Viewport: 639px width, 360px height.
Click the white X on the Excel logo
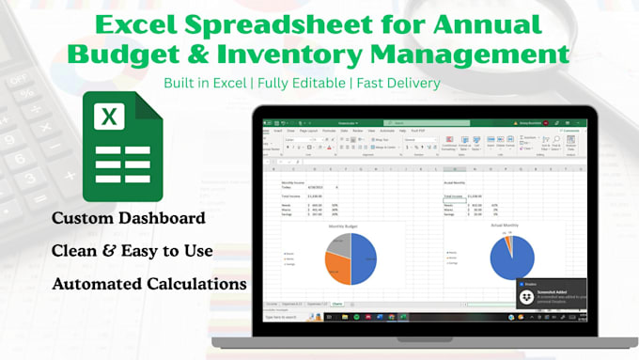point(109,117)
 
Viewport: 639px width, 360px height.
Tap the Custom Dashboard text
point(129,218)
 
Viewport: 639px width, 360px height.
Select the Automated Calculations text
point(150,283)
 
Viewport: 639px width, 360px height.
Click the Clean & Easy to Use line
point(132,251)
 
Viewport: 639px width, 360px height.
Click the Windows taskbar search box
point(288,317)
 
